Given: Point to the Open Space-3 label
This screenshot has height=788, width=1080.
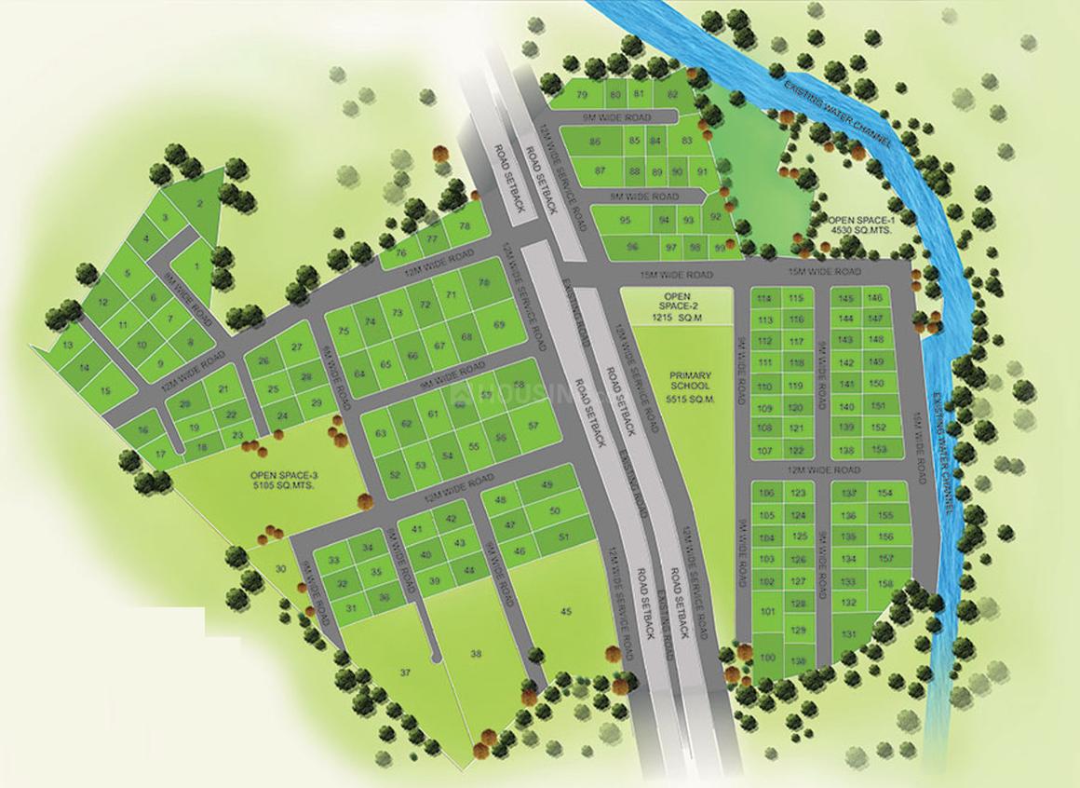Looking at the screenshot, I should pos(284,481).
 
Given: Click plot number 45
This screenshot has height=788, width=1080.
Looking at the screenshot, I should pos(566,611).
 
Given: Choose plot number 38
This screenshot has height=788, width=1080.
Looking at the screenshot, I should pos(477,655).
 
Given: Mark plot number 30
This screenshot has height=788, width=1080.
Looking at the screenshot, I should pos(280,568).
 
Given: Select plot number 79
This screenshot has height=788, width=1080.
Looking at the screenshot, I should pos(583,96).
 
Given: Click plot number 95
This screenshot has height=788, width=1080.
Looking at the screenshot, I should pos(626,221).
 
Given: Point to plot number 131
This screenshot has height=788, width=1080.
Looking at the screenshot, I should pos(848,634).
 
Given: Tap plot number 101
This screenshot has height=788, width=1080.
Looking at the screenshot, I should pos(767,612).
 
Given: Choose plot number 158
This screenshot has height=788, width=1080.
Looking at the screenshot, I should pos(885,583).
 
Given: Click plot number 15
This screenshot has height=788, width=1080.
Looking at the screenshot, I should pos(104,393).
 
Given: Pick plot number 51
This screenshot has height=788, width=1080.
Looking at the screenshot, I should pos(562,537).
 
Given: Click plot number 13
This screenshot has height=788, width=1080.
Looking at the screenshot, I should pos(67,345).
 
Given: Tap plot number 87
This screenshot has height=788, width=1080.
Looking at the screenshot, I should pos(601,170).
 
